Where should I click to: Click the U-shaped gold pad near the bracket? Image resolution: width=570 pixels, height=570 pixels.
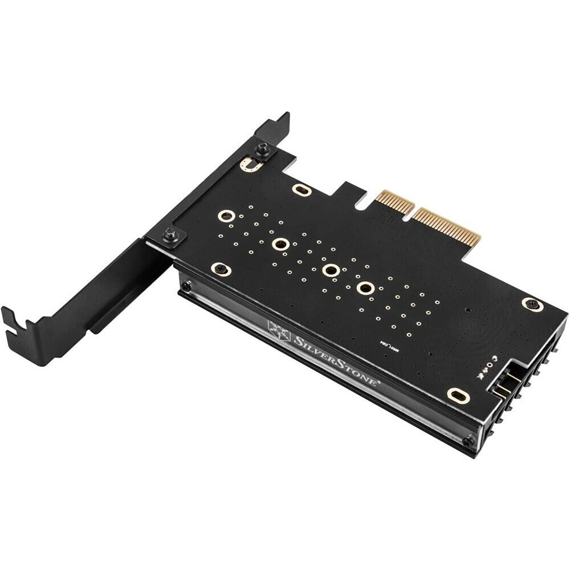click(251, 165)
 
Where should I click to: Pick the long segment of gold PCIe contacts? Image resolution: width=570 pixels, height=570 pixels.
click(448, 226)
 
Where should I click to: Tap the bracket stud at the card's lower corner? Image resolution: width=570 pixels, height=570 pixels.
click(169, 234)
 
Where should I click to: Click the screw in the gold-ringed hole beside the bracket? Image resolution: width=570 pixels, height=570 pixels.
click(221, 269)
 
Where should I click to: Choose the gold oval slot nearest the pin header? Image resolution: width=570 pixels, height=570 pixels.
click(458, 394)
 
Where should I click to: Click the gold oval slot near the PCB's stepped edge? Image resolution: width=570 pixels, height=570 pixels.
click(302, 190)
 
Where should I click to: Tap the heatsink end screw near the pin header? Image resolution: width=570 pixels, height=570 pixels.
click(468, 441)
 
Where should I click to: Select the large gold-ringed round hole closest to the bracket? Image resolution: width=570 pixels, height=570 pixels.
click(226, 216)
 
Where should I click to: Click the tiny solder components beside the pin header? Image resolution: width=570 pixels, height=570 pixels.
click(488, 366)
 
